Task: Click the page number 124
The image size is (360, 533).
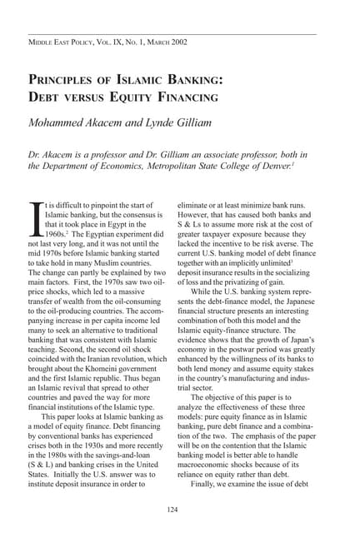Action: (172, 509)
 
